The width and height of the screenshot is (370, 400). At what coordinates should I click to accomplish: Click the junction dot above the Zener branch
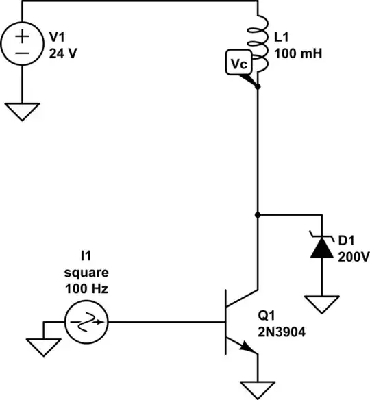click(x=258, y=214)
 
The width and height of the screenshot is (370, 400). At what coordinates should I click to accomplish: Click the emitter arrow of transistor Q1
click(x=249, y=349)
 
